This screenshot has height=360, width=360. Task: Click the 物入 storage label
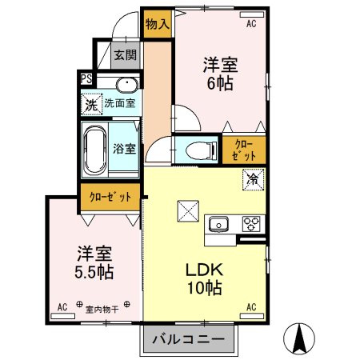(x=157, y=23)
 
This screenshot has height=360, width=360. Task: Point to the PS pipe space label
(x=86, y=78)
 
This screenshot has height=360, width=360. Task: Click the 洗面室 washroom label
(x=119, y=103)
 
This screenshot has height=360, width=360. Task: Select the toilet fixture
(x=196, y=148)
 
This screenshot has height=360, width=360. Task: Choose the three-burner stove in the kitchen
(x=251, y=223)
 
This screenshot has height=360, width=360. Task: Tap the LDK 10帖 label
(x=204, y=278)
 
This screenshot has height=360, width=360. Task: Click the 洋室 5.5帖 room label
(x=94, y=262)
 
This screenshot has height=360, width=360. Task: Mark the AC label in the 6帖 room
(x=250, y=24)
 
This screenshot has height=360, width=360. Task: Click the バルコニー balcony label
(x=190, y=339)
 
